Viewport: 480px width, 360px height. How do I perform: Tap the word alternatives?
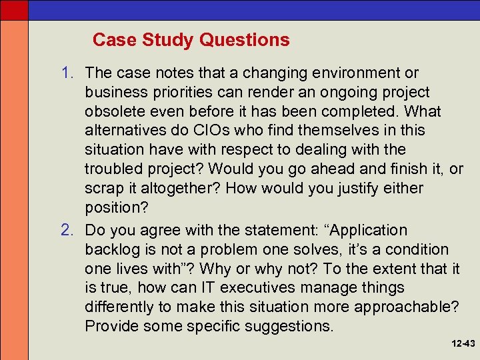click(x=124, y=131)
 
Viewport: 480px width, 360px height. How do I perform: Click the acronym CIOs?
click(x=202, y=131)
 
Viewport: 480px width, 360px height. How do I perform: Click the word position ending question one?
click(x=116, y=208)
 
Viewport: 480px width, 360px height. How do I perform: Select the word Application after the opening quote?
click(x=365, y=230)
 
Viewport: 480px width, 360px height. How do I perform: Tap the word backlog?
click(x=112, y=249)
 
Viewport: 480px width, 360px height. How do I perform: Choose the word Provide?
click(x=111, y=327)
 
